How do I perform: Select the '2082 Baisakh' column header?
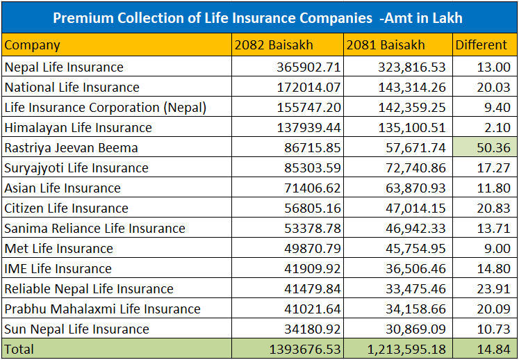click(x=274, y=45)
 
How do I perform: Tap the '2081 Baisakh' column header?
click(x=386, y=45)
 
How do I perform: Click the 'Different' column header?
click(x=481, y=45)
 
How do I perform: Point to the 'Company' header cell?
click(x=32, y=45)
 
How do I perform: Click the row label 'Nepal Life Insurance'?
click(x=64, y=67)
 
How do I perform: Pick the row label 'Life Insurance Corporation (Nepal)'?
click(x=105, y=108)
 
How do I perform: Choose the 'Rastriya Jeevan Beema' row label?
click(x=71, y=148)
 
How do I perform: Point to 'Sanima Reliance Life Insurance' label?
click(x=94, y=229)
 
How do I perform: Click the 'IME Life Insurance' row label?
click(x=58, y=269)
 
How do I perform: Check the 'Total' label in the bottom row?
click(x=19, y=349)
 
